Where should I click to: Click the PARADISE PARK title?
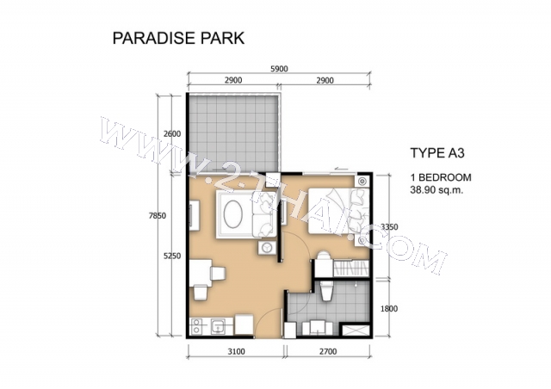(x=178, y=38)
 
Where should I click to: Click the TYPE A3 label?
(x=437, y=153)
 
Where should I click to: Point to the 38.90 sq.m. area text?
(x=436, y=190)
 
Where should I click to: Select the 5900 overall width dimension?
(x=279, y=69)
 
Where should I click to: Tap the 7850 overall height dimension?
(x=157, y=216)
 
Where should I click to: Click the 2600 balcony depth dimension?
(x=172, y=134)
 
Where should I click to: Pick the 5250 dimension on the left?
(x=172, y=256)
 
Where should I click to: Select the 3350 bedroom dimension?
(x=389, y=227)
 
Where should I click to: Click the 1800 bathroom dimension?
(x=389, y=308)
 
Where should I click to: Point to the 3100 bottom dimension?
(x=236, y=351)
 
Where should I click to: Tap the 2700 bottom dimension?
(x=328, y=351)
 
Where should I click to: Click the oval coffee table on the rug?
(x=234, y=214)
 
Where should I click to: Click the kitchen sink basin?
(x=219, y=327)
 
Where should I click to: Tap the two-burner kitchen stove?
(x=196, y=326)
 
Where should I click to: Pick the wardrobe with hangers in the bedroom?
(x=350, y=269)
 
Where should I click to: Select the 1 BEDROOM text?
(x=441, y=177)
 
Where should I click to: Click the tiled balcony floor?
(x=233, y=134)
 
